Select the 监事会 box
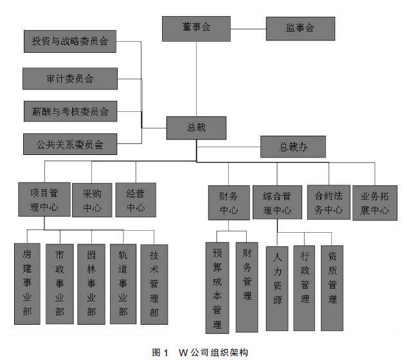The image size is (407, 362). click(x=300, y=29)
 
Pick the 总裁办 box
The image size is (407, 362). click(x=293, y=147)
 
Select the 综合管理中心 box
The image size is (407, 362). click(x=276, y=203)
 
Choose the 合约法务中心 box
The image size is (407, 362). click(x=328, y=201)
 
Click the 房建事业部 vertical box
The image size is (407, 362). click(x=27, y=283)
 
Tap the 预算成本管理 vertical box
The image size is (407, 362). click(x=217, y=287)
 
